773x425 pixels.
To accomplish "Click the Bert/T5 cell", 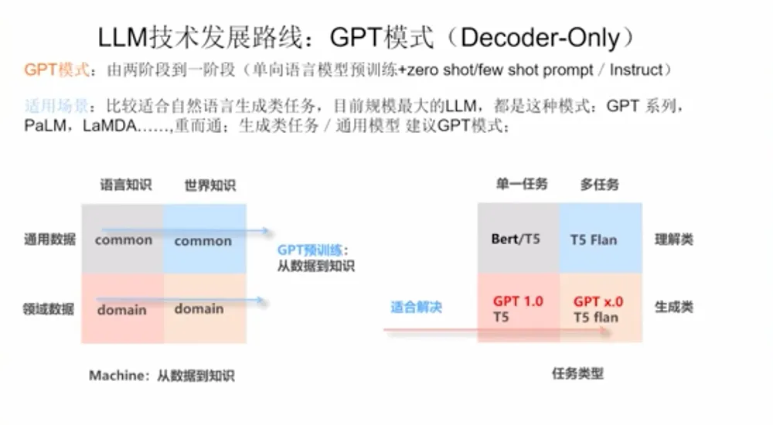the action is pos(516,239).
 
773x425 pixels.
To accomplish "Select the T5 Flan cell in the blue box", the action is pos(594,240).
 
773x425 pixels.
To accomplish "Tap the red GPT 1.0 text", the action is pos(518,301).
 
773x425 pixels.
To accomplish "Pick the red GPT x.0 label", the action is pos(598,301).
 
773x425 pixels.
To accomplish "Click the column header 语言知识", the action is pos(126,185).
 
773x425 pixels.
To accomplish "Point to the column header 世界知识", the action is pos(210,185).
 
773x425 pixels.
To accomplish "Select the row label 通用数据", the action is pos(49,240).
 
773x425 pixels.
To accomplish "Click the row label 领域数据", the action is pos(49,309).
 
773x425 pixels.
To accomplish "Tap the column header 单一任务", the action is pos(522,184).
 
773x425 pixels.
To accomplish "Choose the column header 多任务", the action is pos(600,185).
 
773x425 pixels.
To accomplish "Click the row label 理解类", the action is pos(674,240).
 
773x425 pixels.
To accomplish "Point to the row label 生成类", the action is pos(674,307).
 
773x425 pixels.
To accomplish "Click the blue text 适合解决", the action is pos(416,307).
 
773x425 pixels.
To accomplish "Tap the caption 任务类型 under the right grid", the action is pos(577,373).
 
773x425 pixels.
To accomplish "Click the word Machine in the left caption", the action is pos(117,376).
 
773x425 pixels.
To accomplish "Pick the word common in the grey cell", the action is pos(123,240).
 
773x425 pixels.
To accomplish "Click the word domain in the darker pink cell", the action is pos(122,310).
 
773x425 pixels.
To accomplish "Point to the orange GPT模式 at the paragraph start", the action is pos(56,70).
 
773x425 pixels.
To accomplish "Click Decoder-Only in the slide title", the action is pos(540,38).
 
